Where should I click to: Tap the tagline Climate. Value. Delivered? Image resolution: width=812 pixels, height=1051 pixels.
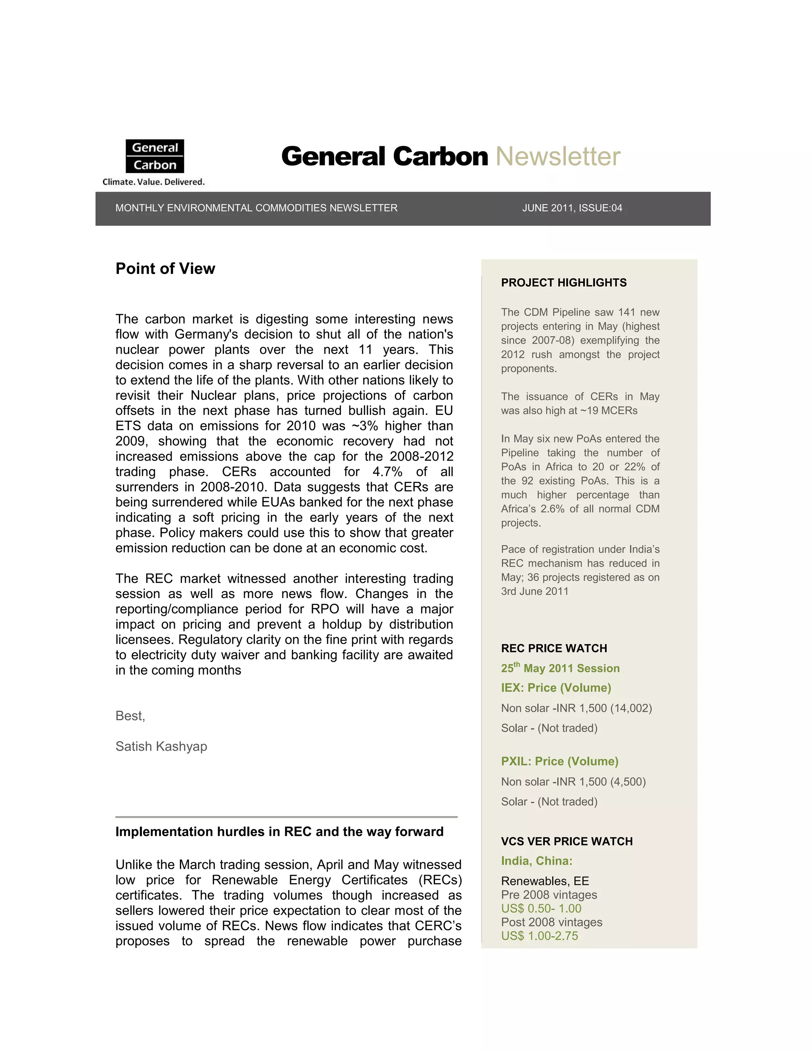click(153, 182)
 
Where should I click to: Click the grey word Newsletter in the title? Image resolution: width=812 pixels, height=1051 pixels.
click(557, 157)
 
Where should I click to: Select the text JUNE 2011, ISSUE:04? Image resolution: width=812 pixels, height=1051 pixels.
click(572, 208)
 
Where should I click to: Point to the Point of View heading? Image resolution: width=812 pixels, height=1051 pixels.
click(165, 269)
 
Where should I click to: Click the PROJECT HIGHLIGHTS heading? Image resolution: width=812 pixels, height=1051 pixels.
click(564, 282)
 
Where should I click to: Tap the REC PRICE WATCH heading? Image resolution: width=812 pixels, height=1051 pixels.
click(553, 648)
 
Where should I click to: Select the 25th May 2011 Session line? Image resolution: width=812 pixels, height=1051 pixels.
click(560, 668)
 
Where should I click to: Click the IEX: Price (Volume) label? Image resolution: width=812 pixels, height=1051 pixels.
click(555, 688)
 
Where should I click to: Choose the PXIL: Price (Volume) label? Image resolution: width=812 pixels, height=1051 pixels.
click(559, 761)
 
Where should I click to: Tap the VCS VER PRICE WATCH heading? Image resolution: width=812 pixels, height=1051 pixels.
click(567, 841)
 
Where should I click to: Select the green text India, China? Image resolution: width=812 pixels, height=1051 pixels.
click(536, 861)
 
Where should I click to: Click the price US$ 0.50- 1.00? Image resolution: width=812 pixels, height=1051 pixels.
click(541, 909)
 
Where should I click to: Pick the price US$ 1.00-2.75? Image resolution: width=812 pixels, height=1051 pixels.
click(539, 936)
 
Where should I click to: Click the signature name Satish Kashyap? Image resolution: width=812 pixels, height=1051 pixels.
click(161, 746)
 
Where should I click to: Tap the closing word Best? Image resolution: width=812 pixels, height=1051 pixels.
click(130, 716)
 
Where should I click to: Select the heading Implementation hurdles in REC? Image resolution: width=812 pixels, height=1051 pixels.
click(279, 832)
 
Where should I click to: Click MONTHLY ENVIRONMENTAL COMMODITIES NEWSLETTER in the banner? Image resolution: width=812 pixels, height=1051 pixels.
click(257, 208)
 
